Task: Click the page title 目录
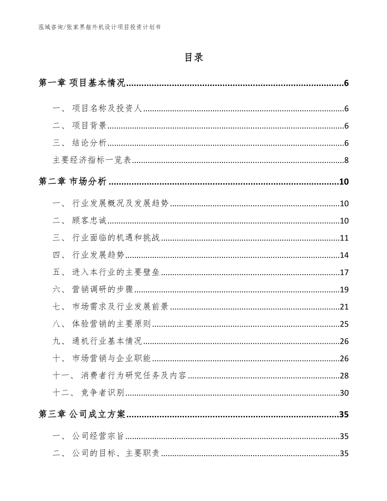tap(193, 58)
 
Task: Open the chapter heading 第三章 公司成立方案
tap(82, 415)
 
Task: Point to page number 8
tap(346, 160)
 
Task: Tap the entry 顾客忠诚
tap(90, 221)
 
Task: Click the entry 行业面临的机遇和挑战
tap(116, 238)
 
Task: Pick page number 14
tap(344, 255)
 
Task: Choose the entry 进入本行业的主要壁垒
tap(116, 273)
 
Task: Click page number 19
tap(344, 290)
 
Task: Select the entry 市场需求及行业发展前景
tap(120, 307)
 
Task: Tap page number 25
tap(344, 324)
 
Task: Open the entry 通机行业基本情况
tap(107, 342)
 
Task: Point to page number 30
tap(344, 393)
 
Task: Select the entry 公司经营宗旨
tap(98, 437)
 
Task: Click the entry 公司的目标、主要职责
tap(116, 454)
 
